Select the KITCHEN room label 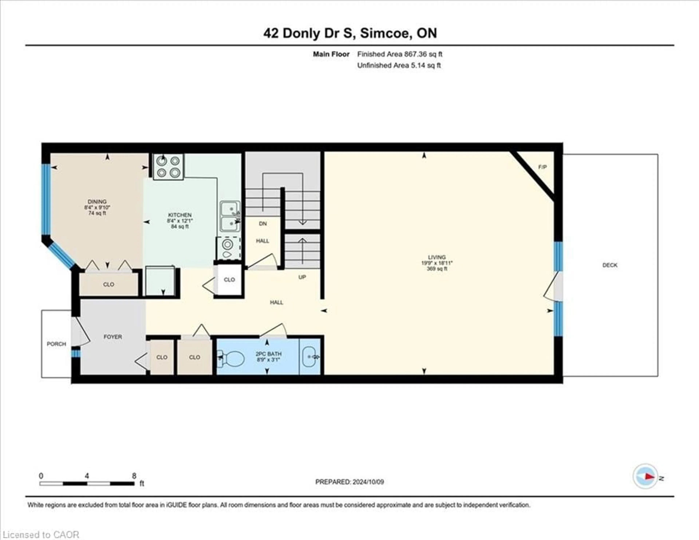point(180,215)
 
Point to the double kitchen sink point(230,216)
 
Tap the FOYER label point(113,337)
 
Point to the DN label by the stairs point(263,224)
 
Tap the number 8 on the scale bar point(134,476)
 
